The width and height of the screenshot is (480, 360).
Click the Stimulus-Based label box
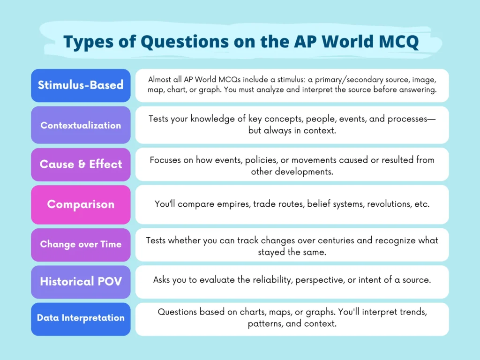coord(81,85)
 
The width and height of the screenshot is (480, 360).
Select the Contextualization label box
coord(81,125)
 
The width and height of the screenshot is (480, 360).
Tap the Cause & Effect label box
coord(81,165)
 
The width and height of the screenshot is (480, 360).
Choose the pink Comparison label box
coord(81,204)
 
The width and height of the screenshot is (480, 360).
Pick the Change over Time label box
coord(81,244)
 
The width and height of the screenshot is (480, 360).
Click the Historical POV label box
coord(81,282)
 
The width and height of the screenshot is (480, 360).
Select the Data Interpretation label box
coord(81,318)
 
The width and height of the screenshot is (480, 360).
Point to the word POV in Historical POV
coord(109,282)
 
